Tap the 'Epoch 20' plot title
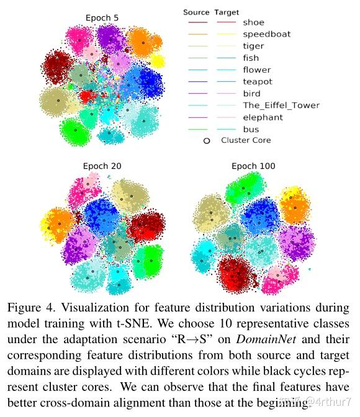pyautogui.click(x=101, y=166)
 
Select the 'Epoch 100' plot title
pyautogui.click(x=253, y=166)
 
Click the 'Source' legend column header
pyautogui.click(x=196, y=12)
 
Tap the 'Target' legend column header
pyautogui.click(x=226, y=12)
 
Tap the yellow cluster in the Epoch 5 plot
pyautogui.click(x=158, y=61)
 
